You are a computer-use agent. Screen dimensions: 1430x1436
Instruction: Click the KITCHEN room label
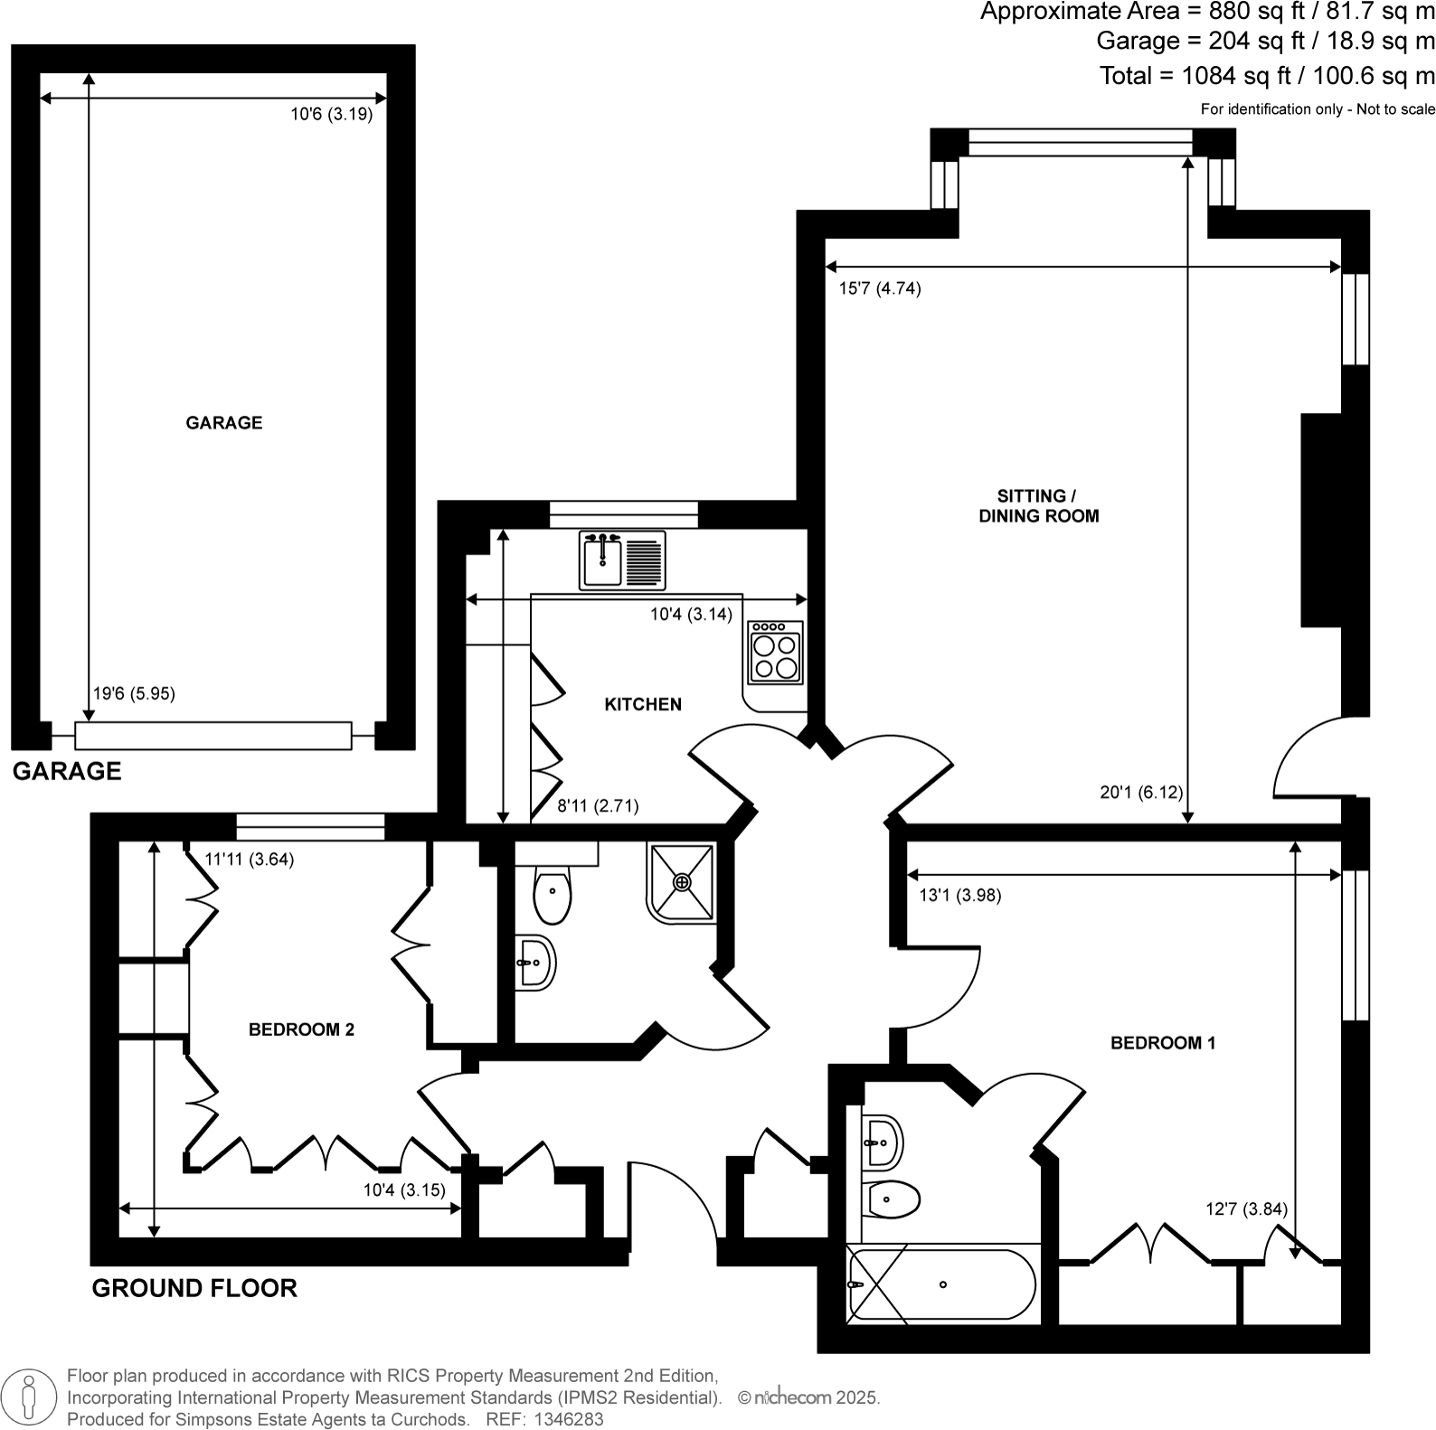[x=643, y=704]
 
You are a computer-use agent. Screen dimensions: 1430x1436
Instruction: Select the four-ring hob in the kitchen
[x=776, y=653]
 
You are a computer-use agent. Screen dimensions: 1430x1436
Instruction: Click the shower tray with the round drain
[x=682, y=882]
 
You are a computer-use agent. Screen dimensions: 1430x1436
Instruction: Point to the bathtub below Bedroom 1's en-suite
[x=941, y=1284]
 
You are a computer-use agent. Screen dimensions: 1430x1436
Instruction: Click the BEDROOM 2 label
[x=301, y=1030]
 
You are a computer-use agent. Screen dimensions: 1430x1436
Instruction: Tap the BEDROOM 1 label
[x=1163, y=1043]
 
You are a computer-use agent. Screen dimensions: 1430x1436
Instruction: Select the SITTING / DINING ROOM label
[x=1038, y=506]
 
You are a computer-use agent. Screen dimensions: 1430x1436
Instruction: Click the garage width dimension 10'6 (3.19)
[x=331, y=115]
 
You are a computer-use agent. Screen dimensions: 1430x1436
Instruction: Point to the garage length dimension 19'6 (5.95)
[x=135, y=694]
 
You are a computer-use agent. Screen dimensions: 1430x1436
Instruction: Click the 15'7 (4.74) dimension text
[x=880, y=289]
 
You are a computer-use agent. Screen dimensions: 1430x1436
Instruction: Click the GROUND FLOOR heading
[x=194, y=1288]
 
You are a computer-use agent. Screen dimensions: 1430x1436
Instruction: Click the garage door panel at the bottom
[x=213, y=736]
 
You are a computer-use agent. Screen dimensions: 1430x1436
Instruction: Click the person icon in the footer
[x=31, y=1397]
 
